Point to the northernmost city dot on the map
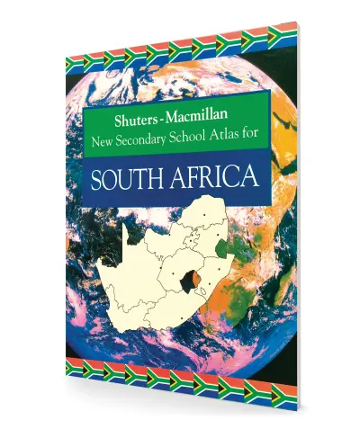pos(205,214)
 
